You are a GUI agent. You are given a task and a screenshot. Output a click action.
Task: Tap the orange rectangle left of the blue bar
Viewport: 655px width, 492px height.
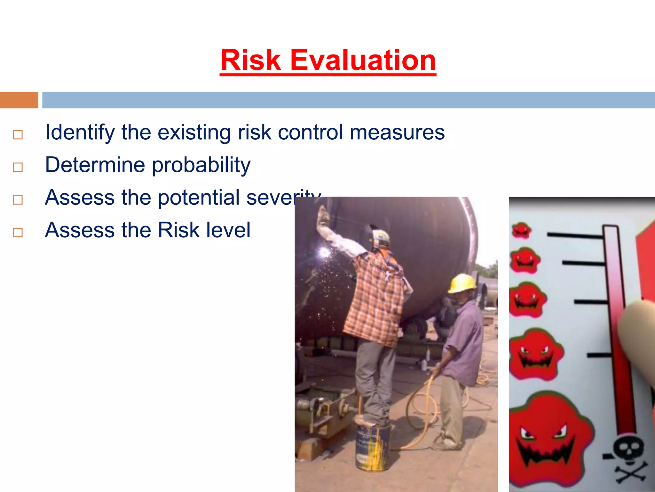tap(19, 100)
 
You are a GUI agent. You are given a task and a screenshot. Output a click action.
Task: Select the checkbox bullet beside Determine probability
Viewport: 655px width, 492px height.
tap(18, 167)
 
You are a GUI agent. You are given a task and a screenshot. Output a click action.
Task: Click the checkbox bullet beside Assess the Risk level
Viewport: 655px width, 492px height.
tap(18, 233)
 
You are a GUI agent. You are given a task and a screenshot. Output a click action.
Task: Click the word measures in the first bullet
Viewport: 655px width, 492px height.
tap(397, 133)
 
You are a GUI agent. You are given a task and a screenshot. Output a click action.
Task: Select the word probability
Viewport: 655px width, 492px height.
tap(201, 165)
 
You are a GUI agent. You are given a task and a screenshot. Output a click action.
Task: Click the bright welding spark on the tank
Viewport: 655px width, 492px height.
tap(324, 253)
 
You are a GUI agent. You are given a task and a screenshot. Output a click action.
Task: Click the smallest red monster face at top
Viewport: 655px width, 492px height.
tap(521, 230)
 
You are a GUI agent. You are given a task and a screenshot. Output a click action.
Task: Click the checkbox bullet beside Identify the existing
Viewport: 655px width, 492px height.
tap(18, 135)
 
